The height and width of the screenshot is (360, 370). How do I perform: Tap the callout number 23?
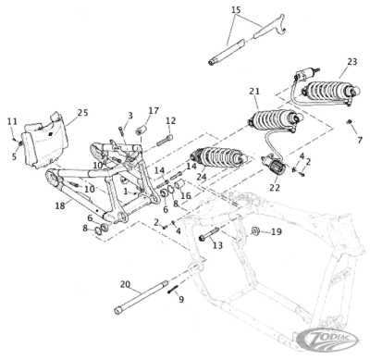click(351, 62)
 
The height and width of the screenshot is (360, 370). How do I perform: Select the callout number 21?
click(255, 91)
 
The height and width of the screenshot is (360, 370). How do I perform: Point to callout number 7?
click(360, 139)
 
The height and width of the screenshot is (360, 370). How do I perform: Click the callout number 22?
click(276, 186)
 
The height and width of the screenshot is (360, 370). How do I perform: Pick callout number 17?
click(154, 110)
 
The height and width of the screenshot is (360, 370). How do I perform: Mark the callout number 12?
click(171, 120)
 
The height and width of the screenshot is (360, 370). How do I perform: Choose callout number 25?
click(82, 113)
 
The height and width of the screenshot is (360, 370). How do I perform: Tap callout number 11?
click(12, 121)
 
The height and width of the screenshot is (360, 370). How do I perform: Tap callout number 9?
click(180, 299)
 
